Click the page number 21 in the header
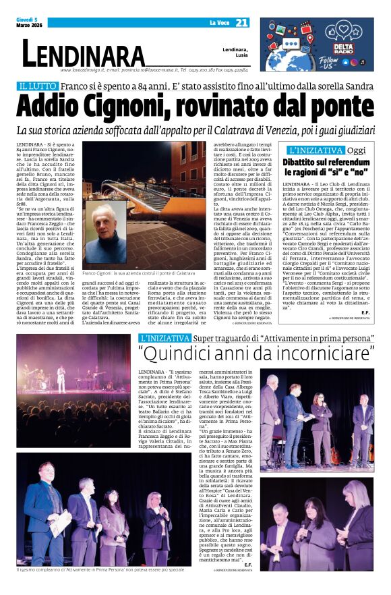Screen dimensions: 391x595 coord(242,23)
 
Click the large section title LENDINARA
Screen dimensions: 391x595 coord(83,54)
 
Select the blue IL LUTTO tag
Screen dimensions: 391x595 coord(37,87)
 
